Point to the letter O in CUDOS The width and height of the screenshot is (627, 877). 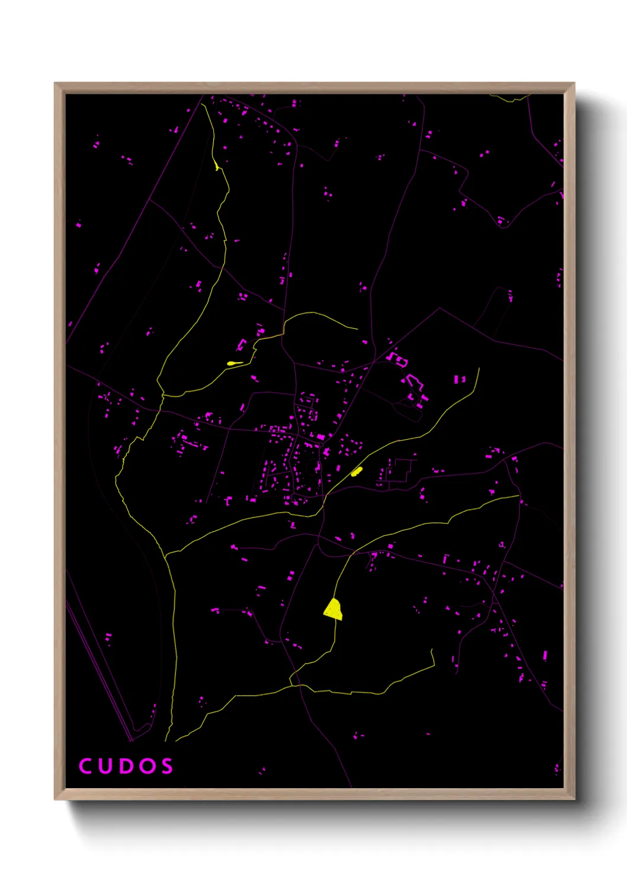tap(148, 766)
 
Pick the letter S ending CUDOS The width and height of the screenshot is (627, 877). tap(167, 766)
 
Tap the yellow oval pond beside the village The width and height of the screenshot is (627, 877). tap(356, 472)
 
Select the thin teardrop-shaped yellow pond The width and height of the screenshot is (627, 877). tap(234, 363)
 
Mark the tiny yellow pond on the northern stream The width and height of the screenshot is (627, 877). tap(217, 167)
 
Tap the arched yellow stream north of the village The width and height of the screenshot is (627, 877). tap(314, 314)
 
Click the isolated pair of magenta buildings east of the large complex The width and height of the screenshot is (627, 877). tap(459, 379)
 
